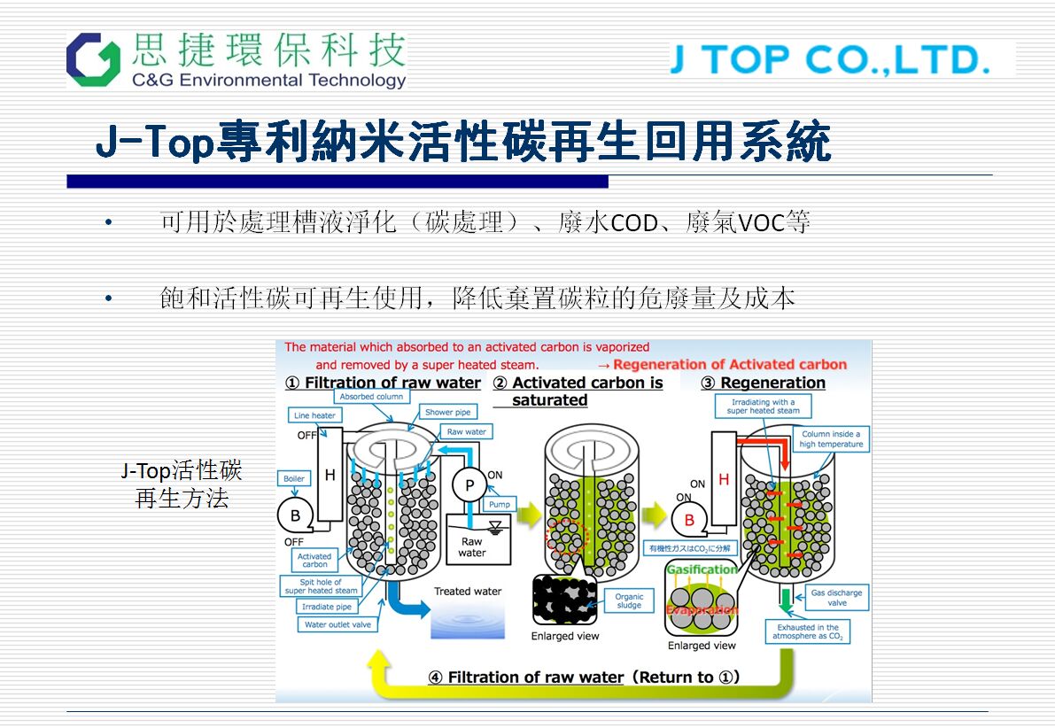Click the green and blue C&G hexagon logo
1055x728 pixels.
pyautogui.click(x=93, y=59)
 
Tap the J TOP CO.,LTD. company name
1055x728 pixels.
pyautogui.click(x=830, y=59)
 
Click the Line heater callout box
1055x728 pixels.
pyautogui.click(x=314, y=415)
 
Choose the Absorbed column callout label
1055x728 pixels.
pyautogui.click(x=371, y=397)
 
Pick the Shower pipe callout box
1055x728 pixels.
pyautogui.click(x=448, y=412)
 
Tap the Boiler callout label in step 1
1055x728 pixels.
pyautogui.click(x=294, y=478)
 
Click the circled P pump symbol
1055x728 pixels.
pyautogui.click(x=469, y=484)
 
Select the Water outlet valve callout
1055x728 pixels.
pyautogui.click(x=337, y=624)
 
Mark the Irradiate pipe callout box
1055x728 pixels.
pyautogui.click(x=327, y=607)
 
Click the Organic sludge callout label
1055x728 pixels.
pyautogui.click(x=629, y=601)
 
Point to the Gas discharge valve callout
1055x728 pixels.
pyautogui.click(x=837, y=597)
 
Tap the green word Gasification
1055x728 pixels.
pyautogui.click(x=701, y=569)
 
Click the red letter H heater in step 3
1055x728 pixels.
pyautogui.click(x=724, y=479)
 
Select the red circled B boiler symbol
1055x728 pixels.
pyautogui.click(x=689, y=520)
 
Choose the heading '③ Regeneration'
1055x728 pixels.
pyautogui.click(x=763, y=383)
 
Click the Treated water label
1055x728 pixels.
pyautogui.click(x=468, y=591)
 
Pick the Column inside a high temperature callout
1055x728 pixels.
pyautogui.click(x=830, y=439)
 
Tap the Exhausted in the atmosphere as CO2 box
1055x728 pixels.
pyautogui.click(x=807, y=631)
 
